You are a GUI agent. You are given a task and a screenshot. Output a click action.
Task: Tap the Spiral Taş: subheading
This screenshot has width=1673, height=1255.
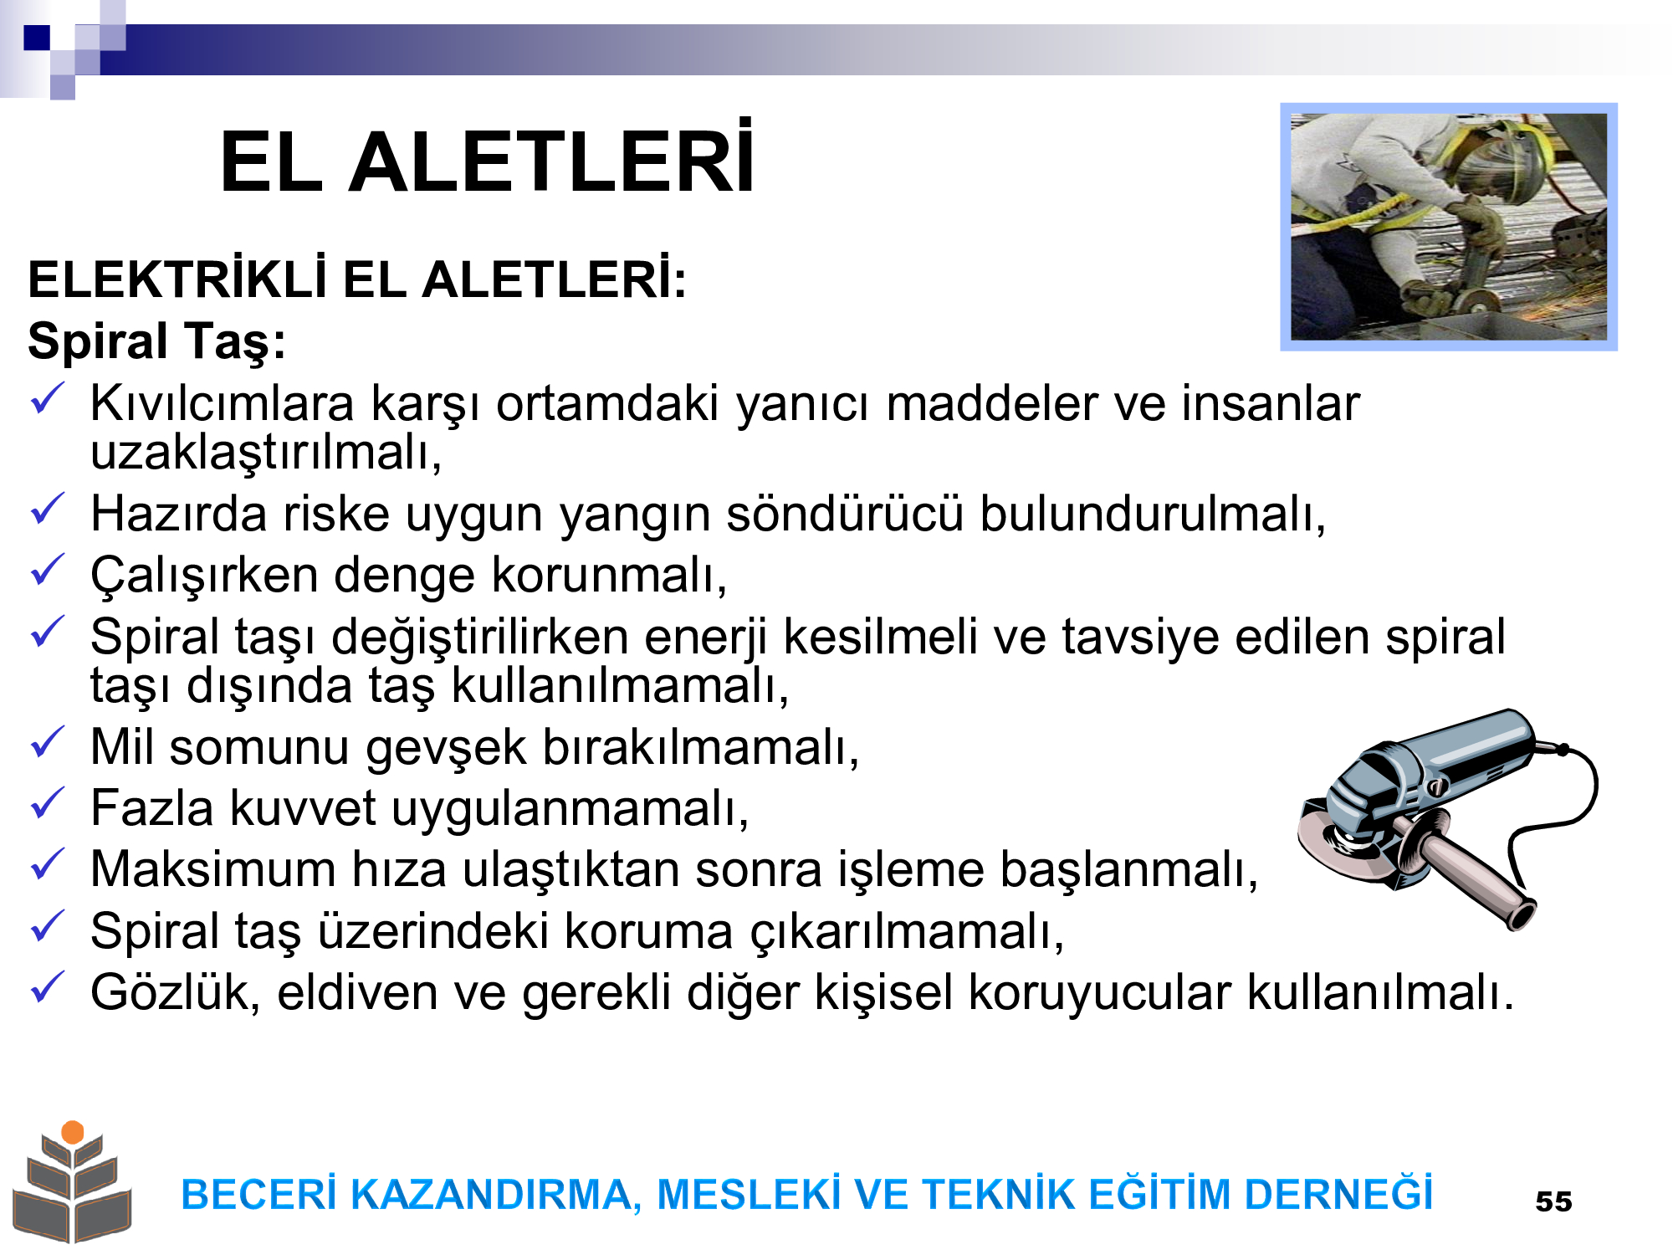point(157,341)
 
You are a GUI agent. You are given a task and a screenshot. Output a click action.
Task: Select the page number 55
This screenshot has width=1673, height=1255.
point(1553,1201)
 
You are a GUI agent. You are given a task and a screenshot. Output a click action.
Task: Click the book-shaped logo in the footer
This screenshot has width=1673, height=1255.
point(72,1183)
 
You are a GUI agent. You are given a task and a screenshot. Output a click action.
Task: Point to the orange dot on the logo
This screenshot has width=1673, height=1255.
point(73,1132)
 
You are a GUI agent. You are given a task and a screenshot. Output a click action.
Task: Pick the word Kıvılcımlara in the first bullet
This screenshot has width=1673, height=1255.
point(223,403)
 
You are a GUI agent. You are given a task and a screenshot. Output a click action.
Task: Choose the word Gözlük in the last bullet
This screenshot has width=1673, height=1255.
point(176,992)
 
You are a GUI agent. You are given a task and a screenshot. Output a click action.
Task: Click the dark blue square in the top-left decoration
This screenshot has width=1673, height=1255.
point(37,38)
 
